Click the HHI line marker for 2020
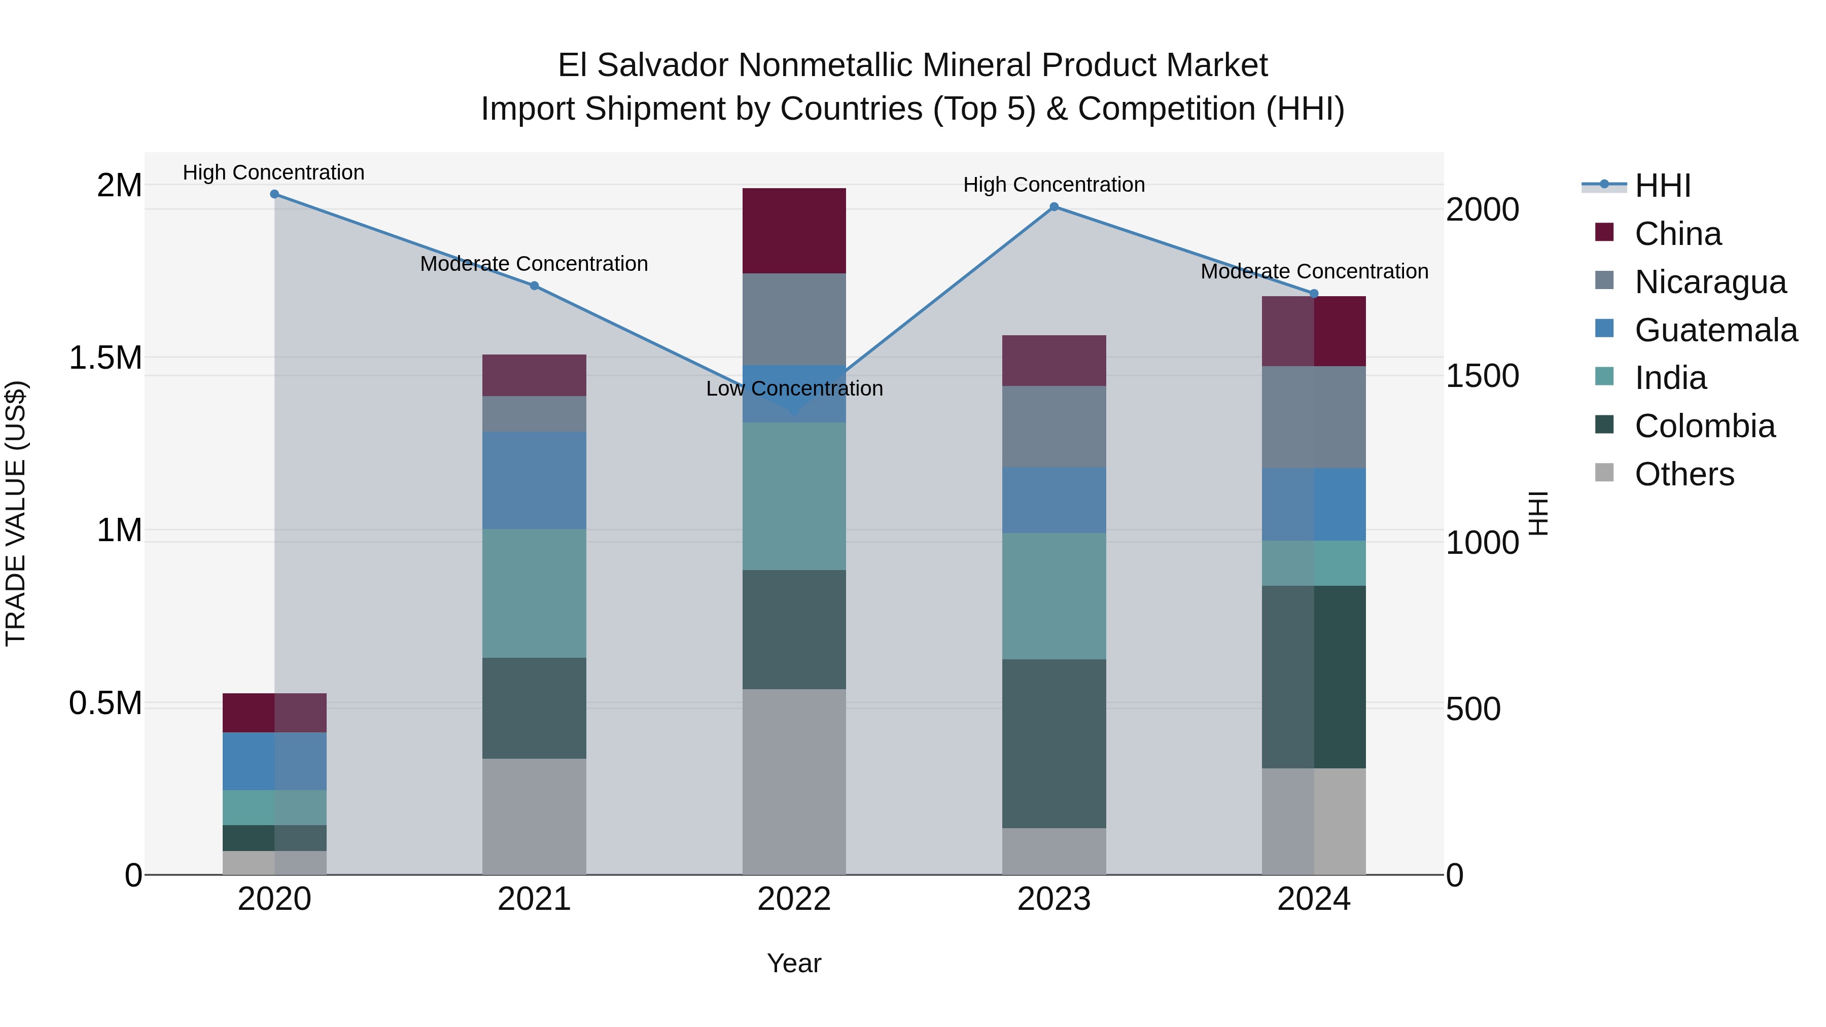(274, 194)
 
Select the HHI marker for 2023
(1054, 207)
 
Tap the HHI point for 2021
(535, 286)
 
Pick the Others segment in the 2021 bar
(535, 816)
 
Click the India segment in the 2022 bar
(794, 496)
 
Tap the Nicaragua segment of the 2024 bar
(1314, 417)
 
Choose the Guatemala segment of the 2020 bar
(274, 761)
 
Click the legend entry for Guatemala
(1715, 330)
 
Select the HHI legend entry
(1662, 186)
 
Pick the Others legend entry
(1684, 474)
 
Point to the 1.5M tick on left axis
(105, 358)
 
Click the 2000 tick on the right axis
(1482, 210)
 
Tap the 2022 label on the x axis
(794, 899)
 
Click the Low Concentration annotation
(794, 388)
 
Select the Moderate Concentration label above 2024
(1314, 271)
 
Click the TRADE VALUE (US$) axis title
(16, 513)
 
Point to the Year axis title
(794, 963)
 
